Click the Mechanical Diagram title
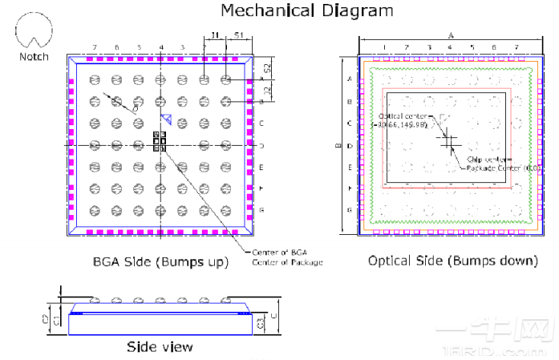[307, 10]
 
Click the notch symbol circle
[34, 33]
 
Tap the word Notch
[34, 56]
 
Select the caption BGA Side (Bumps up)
[160, 262]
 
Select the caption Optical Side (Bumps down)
[452, 261]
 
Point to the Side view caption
[160, 346]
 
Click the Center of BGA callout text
[288, 253]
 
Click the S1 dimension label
[240, 35]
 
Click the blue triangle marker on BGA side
[166, 119]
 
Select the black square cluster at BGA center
[160, 141]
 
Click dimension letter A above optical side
[451, 36]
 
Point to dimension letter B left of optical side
[338, 146]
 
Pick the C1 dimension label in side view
[55, 319]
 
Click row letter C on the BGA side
[261, 123]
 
